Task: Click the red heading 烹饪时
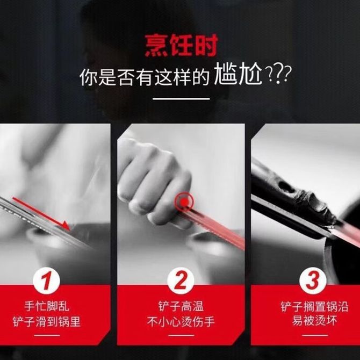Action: pos(181,45)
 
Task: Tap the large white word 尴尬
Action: pos(238,75)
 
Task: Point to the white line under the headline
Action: pos(182,99)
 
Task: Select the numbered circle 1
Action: pos(46,281)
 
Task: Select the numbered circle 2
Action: pos(181,281)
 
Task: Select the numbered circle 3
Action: pos(313,281)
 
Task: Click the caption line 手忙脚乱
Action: pos(47,307)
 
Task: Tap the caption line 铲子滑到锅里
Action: pos(47,321)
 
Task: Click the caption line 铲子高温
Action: pos(181,306)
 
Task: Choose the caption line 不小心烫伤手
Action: pos(181,321)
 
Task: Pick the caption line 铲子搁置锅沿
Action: pos(314,307)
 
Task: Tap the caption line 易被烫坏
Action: pos(314,321)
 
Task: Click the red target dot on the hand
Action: pos(184,202)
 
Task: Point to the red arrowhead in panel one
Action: pos(66,226)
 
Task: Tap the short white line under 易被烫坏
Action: pos(315,335)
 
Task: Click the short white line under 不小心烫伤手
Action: pos(181,335)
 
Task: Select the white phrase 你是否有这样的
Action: pos(145,77)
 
